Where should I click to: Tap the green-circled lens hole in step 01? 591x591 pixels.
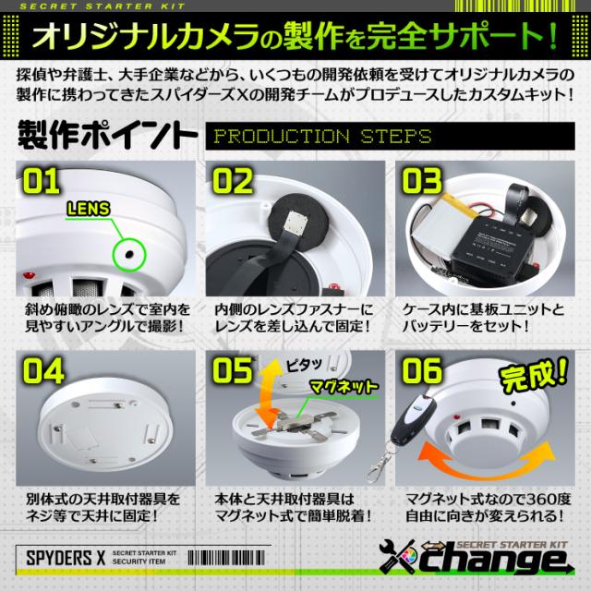pyautogui.click(x=127, y=251)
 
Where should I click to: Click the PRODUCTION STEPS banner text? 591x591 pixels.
pyautogui.click(x=323, y=138)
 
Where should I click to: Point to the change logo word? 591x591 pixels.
pyautogui.click(x=503, y=564)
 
